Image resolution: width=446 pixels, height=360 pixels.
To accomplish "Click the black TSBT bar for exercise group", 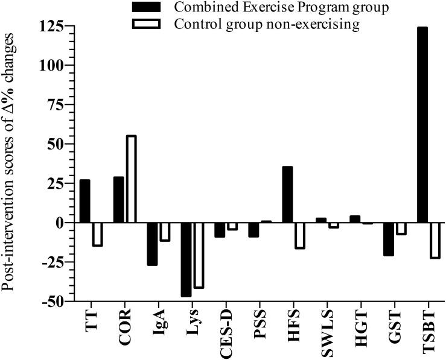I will click(422, 125).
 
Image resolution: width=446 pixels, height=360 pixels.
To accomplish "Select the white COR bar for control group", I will click(130, 179).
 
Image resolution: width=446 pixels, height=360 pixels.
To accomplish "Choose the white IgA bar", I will click(164, 232).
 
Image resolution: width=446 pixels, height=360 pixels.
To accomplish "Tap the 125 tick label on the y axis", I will click(52, 27).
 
